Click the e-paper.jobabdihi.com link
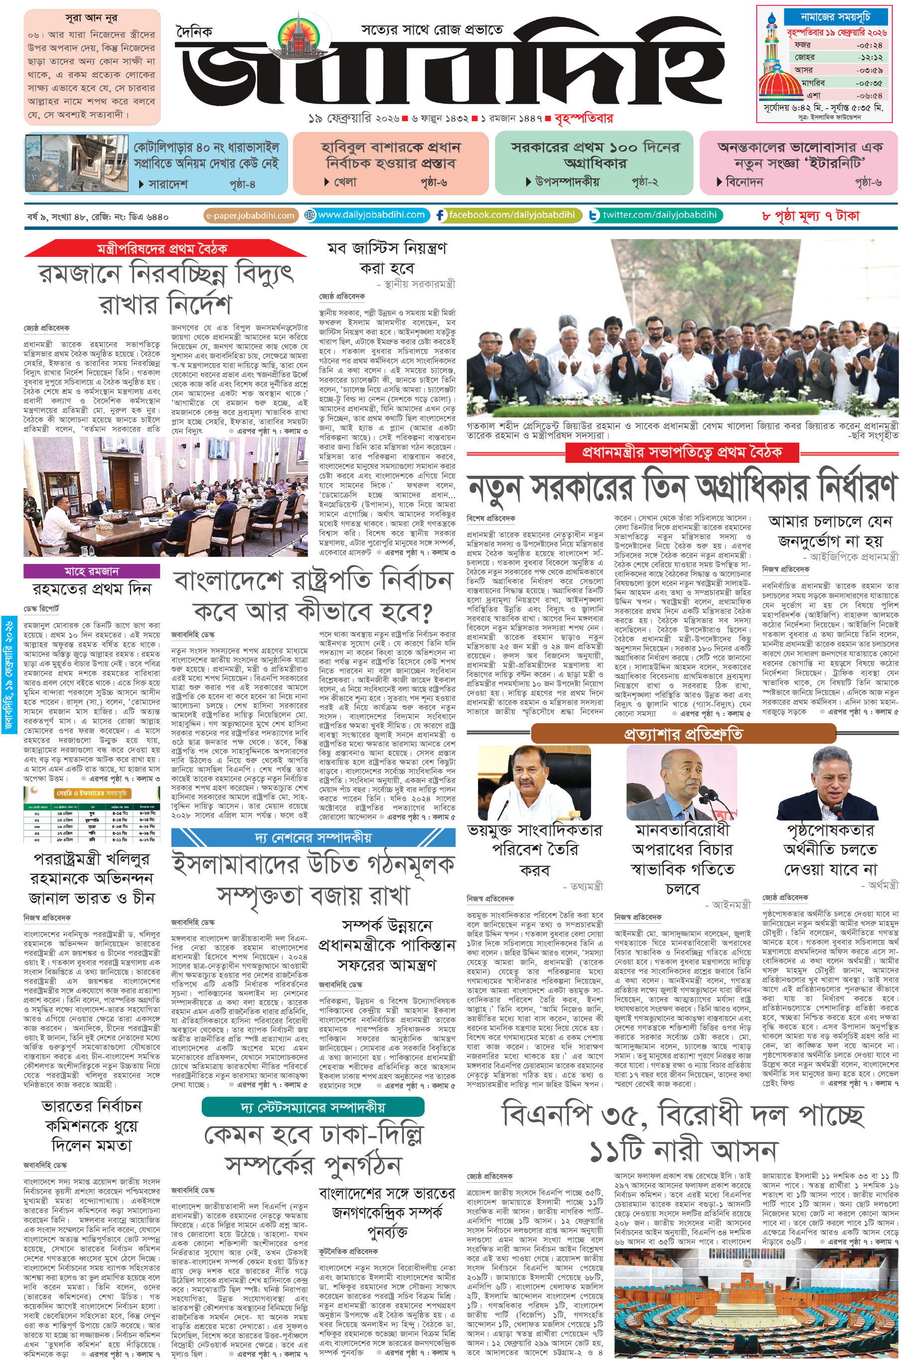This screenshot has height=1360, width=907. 251,216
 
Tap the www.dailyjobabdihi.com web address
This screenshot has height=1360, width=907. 366,215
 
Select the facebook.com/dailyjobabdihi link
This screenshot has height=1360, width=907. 506,215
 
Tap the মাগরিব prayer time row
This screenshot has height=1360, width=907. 837,83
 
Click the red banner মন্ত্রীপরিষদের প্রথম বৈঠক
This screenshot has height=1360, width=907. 162,249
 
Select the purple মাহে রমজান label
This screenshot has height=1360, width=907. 91,571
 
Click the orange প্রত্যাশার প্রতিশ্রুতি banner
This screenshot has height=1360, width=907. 683,734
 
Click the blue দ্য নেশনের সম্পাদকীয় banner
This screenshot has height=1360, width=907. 313,837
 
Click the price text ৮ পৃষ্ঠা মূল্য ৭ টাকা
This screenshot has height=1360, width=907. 810,216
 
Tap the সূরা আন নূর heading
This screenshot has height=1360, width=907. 91,18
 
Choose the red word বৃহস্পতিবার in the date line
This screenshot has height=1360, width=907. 583,119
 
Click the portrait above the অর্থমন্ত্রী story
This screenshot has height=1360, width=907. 828,783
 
